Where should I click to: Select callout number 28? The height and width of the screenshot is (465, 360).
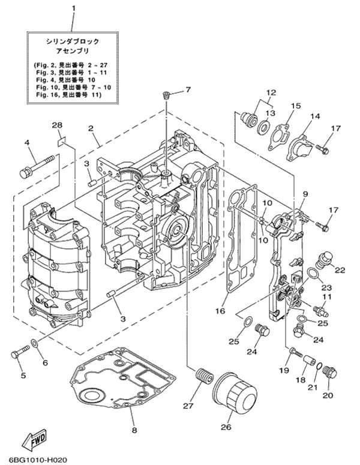click(x=57, y=125)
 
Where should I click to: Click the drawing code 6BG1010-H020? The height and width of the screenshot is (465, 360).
click(x=37, y=460)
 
